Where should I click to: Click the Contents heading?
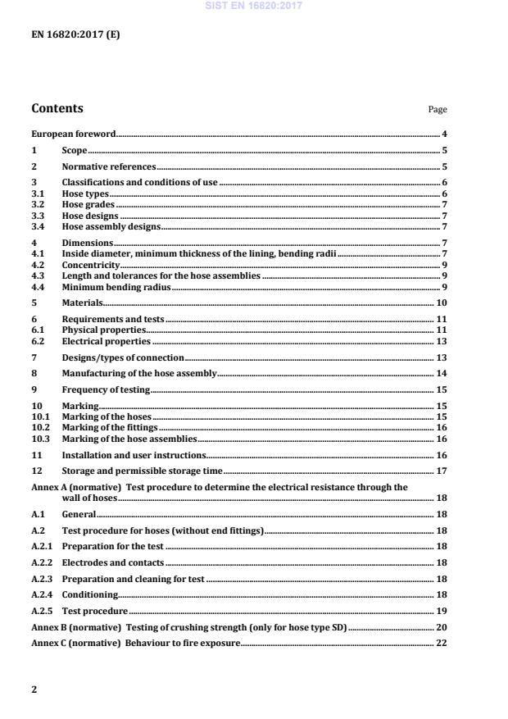[x=57, y=108]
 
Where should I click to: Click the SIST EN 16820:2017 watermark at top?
[x=254, y=5]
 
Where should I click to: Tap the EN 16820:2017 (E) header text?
[x=75, y=34]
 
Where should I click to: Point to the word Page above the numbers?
[x=438, y=110]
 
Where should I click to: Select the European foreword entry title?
[x=74, y=134]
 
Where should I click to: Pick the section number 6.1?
[x=38, y=330]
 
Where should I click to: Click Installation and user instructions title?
[x=134, y=454]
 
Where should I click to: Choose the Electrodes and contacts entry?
[x=113, y=562]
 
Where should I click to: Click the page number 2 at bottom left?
[x=34, y=689]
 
